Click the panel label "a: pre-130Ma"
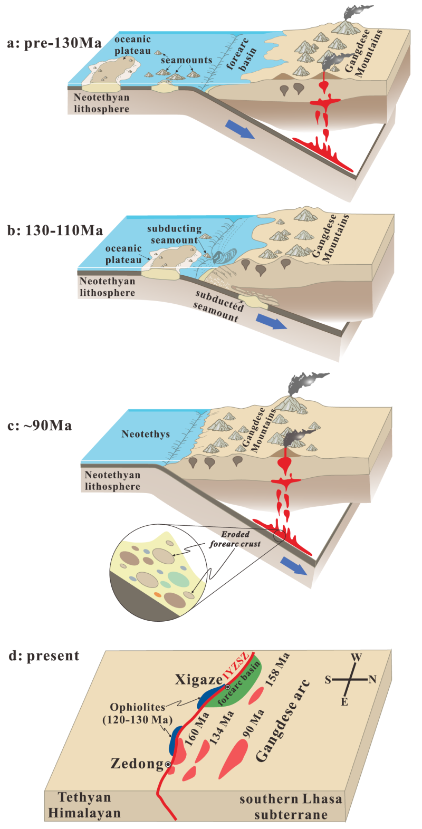[x=54, y=43]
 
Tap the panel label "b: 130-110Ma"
[x=55, y=230]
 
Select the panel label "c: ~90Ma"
[x=40, y=426]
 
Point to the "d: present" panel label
[x=44, y=656]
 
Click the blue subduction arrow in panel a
[x=240, y=129]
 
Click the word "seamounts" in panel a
[x=186, y=60]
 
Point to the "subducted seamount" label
[x=217, y=305]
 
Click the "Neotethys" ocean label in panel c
[x=146, y=434]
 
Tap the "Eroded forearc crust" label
[x=235, y=539]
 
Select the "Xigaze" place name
[x=198, y=680]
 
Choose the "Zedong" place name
[x=137, y=763]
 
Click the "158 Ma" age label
[x=277, y=669]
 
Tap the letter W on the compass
[x=357, y=658]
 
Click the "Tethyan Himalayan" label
[x=84, y=805]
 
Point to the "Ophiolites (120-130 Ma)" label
[x=138, y=713]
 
